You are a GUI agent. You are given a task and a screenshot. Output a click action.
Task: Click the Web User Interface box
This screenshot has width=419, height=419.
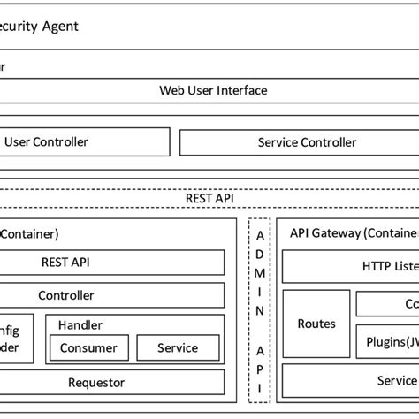click(212, 90)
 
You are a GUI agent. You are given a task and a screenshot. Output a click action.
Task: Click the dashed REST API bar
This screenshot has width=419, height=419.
click(209, 199)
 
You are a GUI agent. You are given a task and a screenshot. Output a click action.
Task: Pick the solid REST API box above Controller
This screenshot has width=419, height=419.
click(65, 262)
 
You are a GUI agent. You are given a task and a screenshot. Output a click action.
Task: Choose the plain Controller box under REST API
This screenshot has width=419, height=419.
click(65, 295)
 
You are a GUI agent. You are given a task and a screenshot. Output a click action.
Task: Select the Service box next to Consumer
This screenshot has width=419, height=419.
click(177, 348)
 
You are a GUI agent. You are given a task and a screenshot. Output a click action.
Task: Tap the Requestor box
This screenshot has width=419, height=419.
click(96, 383)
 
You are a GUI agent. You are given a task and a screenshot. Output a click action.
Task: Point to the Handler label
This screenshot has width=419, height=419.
click(80, 325)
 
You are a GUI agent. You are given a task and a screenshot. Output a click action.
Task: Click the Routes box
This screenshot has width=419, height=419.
click(316, 324)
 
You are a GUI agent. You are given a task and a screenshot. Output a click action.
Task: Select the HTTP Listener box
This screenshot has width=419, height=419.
click(389, 265)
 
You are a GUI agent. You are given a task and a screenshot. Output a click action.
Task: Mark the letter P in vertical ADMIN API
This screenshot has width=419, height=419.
click(259, 369)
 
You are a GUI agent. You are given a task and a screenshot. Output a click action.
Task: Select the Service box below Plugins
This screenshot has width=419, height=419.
click(394, 381)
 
